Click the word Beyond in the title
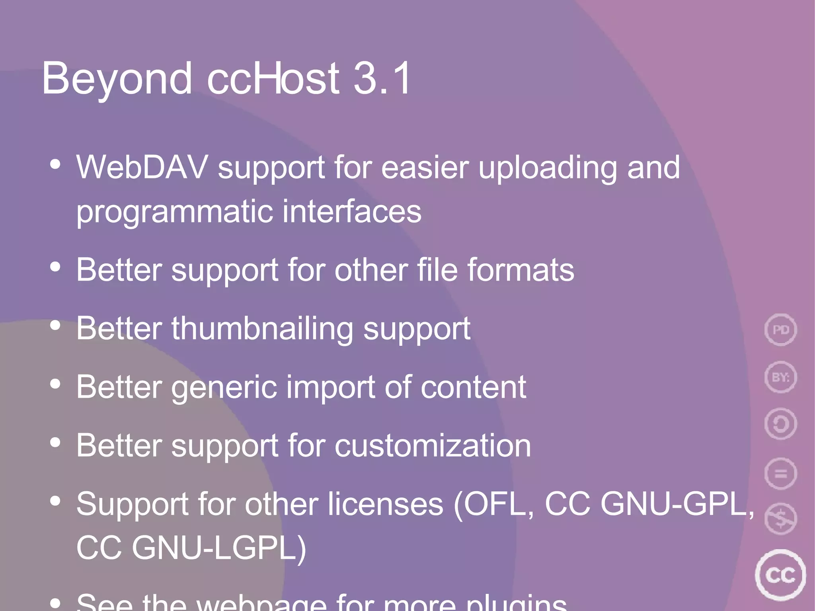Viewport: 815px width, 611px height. coord(117,79)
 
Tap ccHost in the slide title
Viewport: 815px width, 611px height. coord(273,79)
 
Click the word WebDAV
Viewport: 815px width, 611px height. coord(142,167)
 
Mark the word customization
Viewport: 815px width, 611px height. coord(433,445)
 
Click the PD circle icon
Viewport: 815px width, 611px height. coord(780,330)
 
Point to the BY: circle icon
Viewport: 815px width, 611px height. coord(780,377)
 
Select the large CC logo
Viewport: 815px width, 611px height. coord(780,575)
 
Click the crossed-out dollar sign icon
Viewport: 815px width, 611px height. coord(780,519)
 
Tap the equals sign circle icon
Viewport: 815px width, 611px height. coord(780,473)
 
